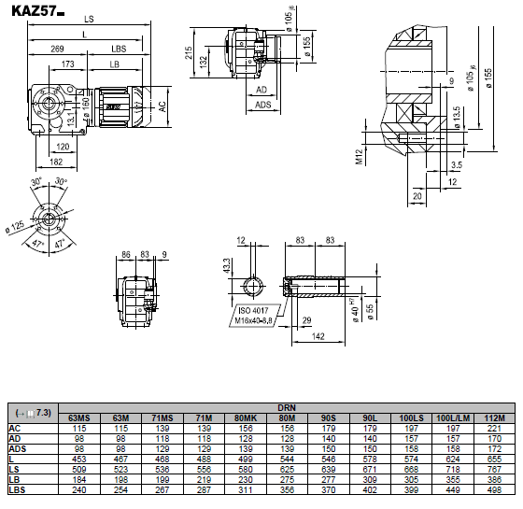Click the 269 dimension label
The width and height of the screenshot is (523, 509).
[57, 49]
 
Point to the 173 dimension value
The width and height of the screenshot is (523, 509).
[67, 64]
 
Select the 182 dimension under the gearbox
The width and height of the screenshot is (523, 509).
[56, 162]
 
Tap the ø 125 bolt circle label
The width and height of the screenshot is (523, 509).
[15, 227]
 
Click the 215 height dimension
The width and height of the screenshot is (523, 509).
[189, 52]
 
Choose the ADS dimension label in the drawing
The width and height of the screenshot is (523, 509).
[262, 105]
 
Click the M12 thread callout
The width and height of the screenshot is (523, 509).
[359, 157]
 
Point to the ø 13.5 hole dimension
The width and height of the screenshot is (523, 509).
[457, 118]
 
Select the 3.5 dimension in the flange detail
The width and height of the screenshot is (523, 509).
[457, 164]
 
